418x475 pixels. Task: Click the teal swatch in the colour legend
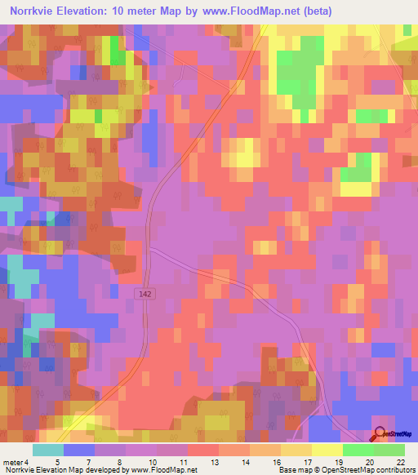point(48,450)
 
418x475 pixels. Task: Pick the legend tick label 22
point(400,461)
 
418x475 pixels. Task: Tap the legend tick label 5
point(58,461)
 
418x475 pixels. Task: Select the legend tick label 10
point(153,461)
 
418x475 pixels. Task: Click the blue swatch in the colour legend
point(79,450)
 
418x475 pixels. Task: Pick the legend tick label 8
point(120,461)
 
